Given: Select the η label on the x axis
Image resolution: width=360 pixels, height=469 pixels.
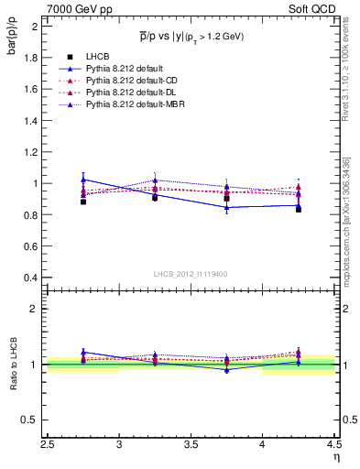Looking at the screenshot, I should [336, 455].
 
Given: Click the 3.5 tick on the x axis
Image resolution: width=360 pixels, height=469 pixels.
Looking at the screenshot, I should [191, 445].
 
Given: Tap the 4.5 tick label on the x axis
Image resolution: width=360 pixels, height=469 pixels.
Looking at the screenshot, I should [333, 445].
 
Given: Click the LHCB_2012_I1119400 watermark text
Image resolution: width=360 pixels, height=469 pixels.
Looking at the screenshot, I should [191, 274].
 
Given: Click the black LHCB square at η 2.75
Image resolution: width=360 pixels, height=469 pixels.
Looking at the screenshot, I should [83, 202].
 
